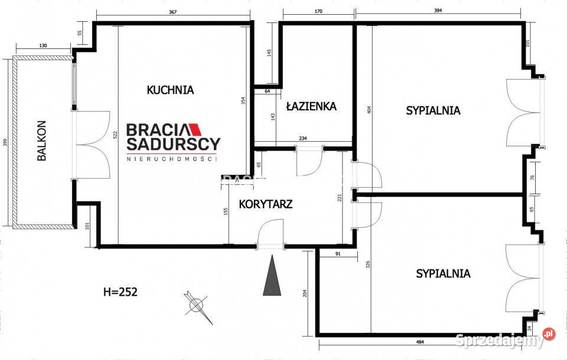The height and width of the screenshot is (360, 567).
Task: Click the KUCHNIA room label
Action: [170, 90]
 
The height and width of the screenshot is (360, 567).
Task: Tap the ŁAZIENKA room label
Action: [311, 106]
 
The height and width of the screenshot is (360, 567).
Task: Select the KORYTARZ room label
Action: [266, 204]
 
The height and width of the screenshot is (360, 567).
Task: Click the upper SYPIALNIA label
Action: [433, 110]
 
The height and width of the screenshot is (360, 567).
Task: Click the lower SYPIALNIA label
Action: [443, 273]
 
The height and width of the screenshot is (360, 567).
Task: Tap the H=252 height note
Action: [120, 292]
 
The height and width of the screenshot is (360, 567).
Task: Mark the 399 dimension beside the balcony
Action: [5, 142]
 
